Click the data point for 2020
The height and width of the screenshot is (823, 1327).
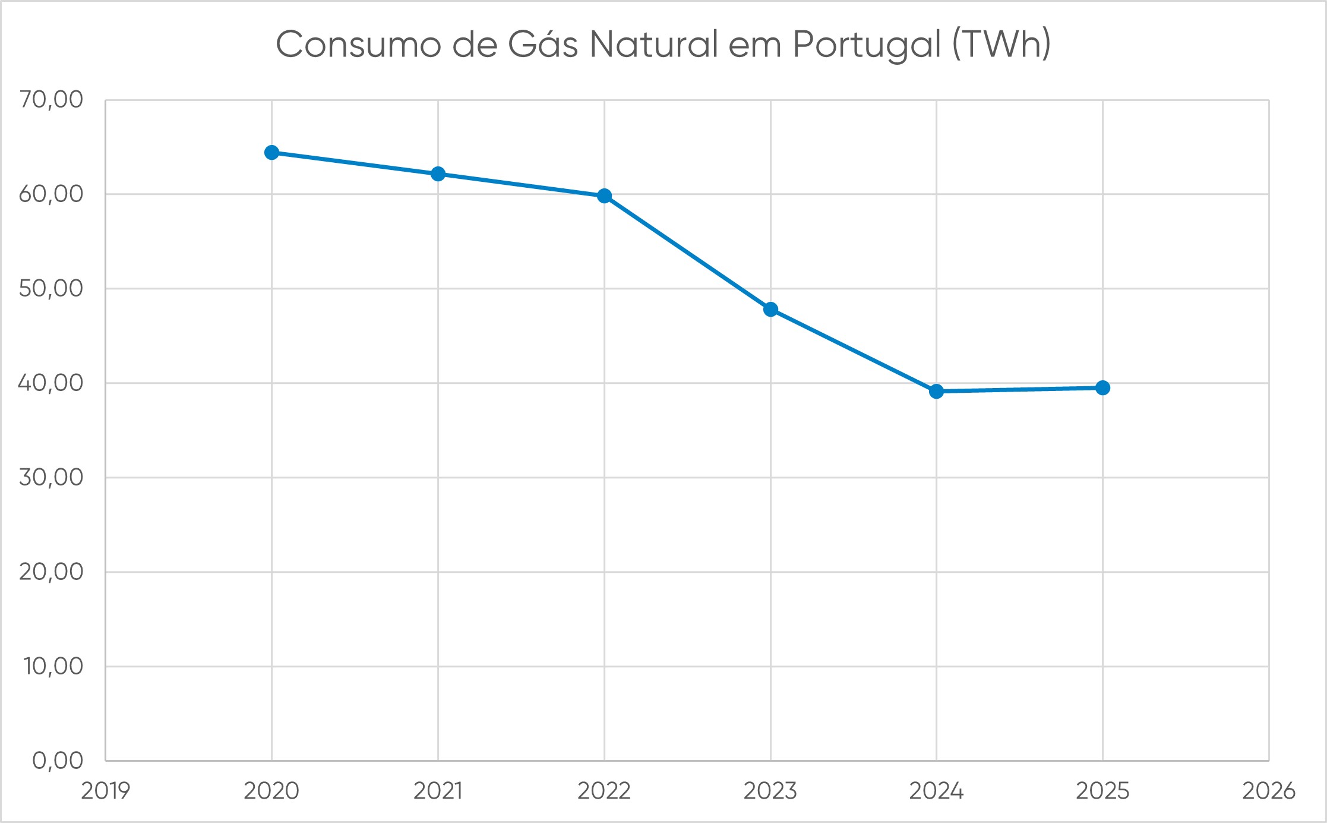tap(271, 153)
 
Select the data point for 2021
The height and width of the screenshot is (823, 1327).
tap(438, 174)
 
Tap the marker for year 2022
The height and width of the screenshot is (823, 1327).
tap(604, 196)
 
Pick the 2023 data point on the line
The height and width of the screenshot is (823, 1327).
tap(770, 310)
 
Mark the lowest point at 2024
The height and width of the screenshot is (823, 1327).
tap(936, 392)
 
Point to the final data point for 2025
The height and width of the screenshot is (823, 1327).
tap(1102, 388)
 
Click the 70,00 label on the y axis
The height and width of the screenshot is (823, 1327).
tap(51, 100)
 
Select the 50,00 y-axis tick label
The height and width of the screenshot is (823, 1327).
tap(51, 289)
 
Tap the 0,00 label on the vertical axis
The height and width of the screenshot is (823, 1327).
tap(58, 761)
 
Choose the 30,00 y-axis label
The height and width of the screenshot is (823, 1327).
tap(51, 478)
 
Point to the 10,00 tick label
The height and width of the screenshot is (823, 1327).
tap(53, 667)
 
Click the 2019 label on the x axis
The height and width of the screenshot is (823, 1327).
tap(106, 791)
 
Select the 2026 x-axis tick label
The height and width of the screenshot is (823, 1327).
tap(1269, 791)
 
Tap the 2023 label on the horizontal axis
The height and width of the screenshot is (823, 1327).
tap(770, 791)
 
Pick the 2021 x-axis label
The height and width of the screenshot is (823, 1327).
tap(438, 791)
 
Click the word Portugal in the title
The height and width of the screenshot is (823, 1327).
tap(867, 45)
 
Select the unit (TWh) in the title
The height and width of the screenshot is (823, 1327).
tap(1001, 45)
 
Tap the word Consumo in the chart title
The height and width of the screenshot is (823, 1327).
tap(358, 45)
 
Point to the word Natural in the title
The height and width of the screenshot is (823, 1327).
tap(653, 45)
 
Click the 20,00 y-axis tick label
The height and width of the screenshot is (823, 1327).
tap(51, 572)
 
